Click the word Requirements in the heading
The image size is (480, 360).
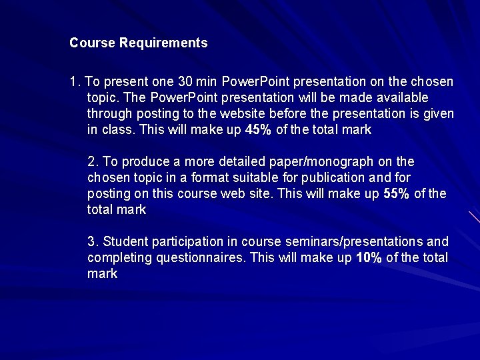coord(163,43)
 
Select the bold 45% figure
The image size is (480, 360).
coord(258,130)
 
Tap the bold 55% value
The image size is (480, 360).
coord(397,194)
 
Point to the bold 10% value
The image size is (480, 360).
coord(369,258)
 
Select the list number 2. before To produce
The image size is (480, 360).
coord(93,162)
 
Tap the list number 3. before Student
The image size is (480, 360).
coord(93,242)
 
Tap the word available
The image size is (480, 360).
coord(395,98)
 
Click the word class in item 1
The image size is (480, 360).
coord(118,130)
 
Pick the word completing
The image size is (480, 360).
coord(114,258)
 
